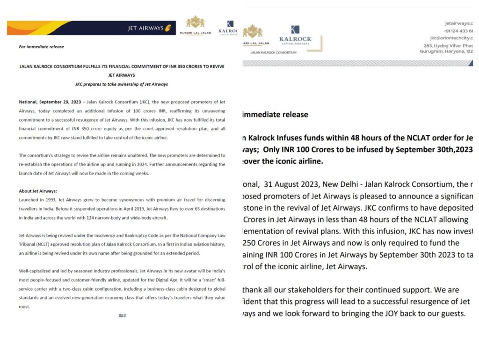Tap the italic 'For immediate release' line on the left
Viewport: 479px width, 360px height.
41,47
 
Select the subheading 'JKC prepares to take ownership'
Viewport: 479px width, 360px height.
122,84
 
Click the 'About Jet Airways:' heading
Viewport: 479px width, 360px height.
37,191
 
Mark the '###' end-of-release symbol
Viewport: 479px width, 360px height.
122,316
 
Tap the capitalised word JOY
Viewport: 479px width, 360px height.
403,313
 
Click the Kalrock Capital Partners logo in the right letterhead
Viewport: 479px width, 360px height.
295,35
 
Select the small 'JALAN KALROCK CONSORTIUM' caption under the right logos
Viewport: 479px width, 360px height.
274,52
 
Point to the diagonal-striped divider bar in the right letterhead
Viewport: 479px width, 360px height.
358,63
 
